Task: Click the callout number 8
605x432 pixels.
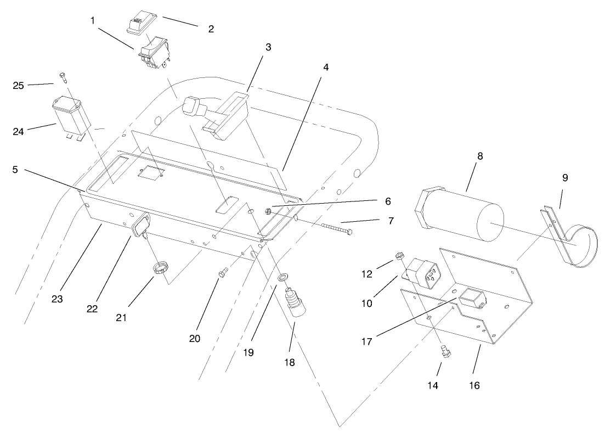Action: [480, 156]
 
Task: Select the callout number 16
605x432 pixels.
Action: [474, 385]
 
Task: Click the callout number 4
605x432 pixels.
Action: [326, 68]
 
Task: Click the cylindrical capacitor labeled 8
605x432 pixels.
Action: [461, 212]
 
